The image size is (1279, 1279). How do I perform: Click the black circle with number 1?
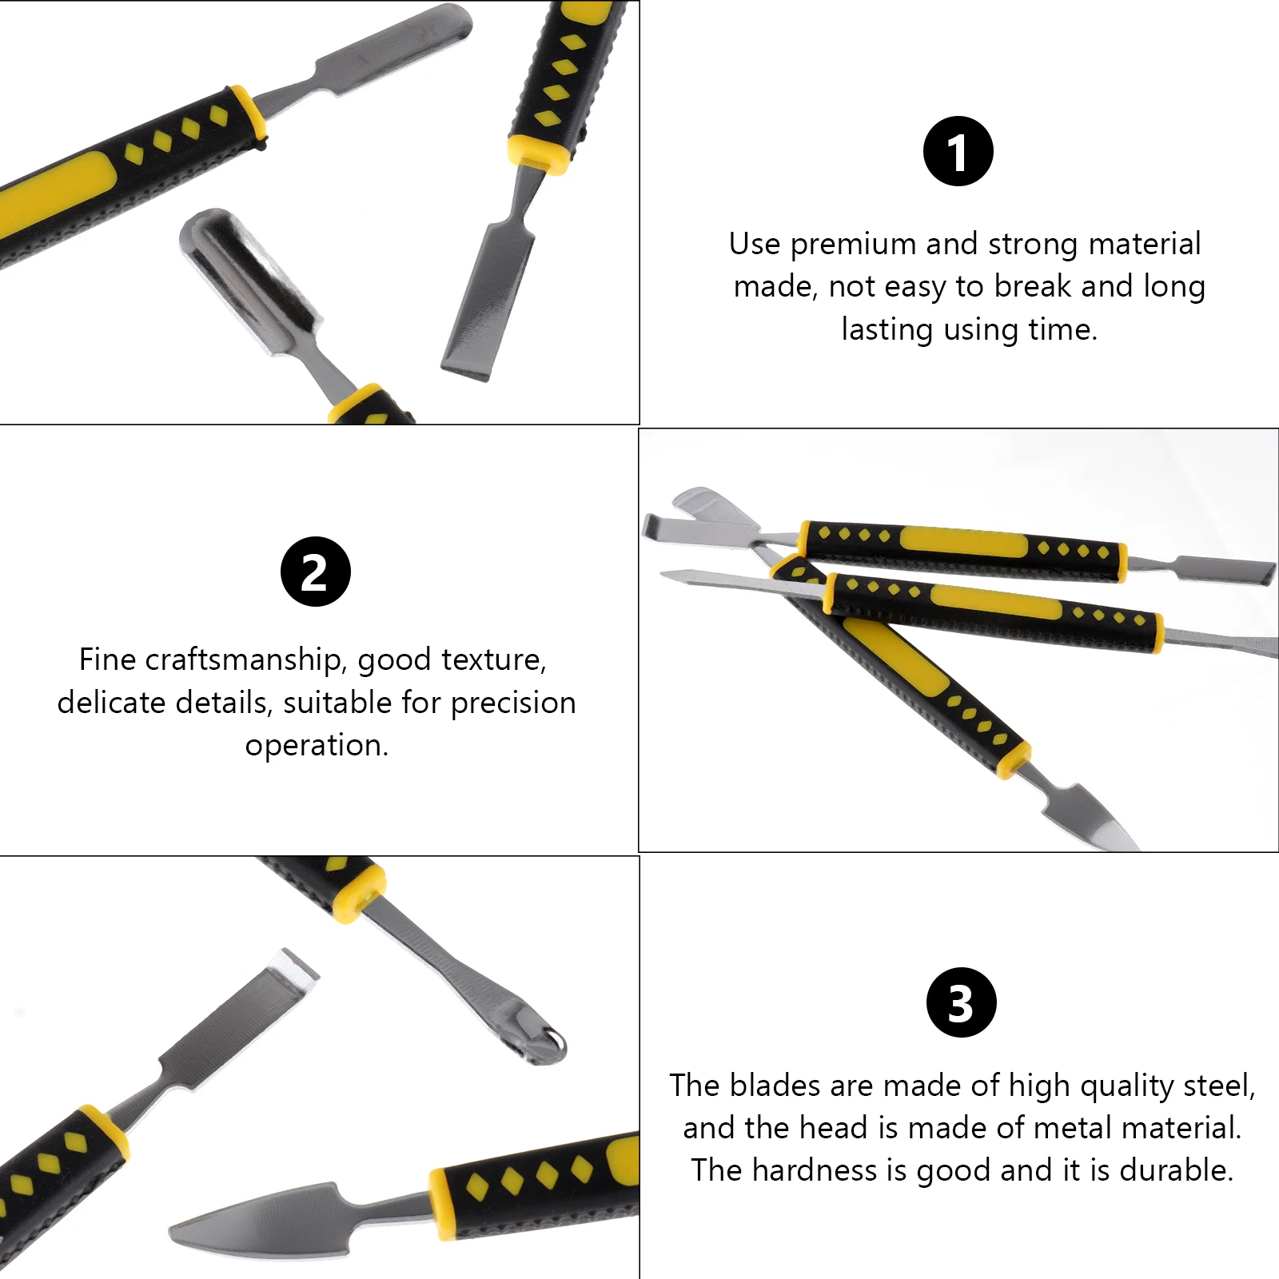958,151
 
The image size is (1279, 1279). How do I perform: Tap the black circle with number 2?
315,572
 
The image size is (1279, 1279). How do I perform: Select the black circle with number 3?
961,1002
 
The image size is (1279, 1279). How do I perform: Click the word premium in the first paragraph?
853,244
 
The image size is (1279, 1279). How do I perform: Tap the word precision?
512,703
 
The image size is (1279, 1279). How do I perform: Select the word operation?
316,745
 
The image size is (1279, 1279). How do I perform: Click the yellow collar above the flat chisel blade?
538,153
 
